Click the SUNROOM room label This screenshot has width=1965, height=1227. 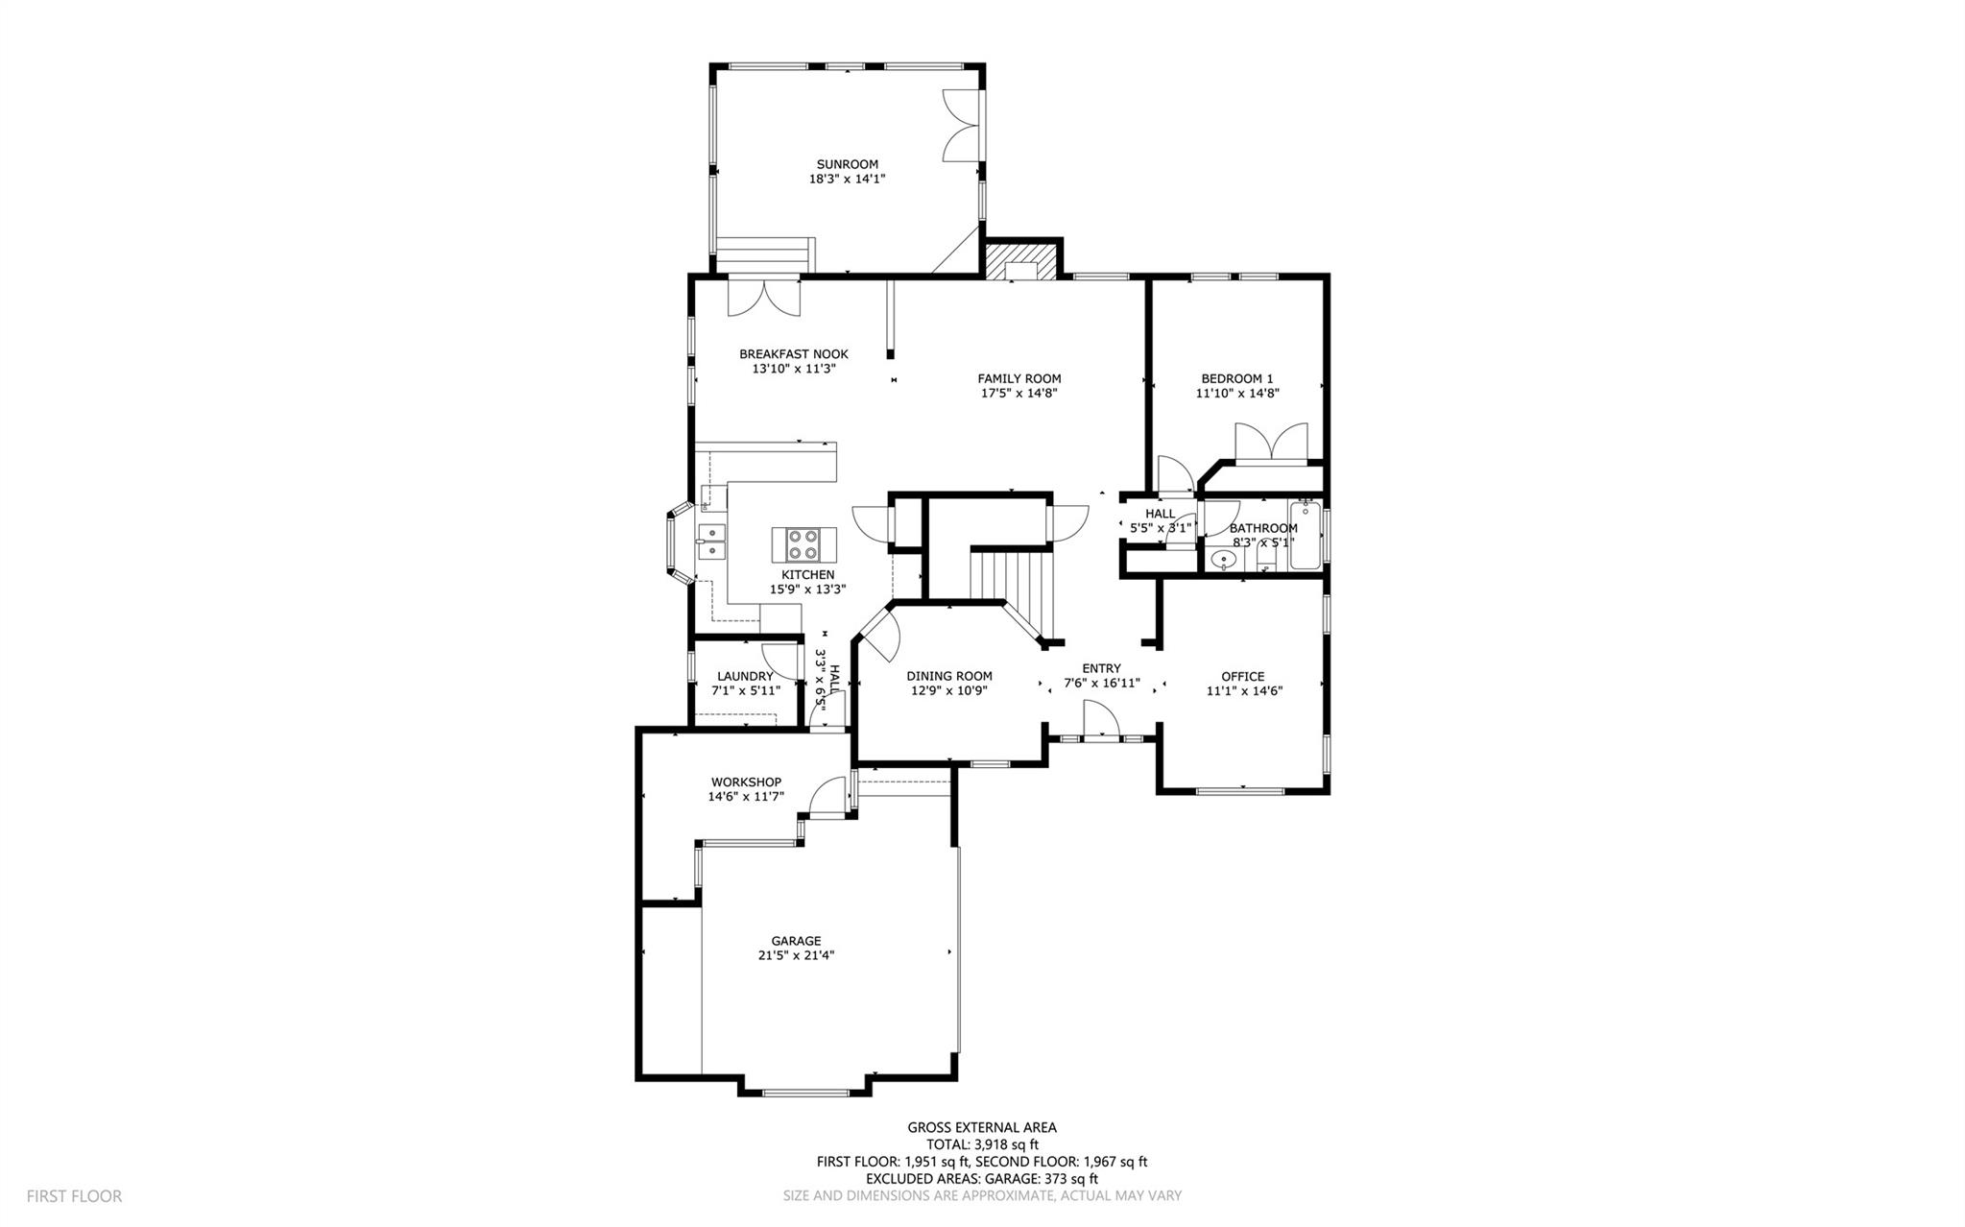(x=847, y=164)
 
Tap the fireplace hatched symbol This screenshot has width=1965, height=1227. (x=1021, y=259)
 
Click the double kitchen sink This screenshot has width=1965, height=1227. (x=712, y=541)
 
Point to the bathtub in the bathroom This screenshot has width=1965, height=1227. (x=1305, y=535)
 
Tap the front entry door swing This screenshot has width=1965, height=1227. (x=1101, y=719)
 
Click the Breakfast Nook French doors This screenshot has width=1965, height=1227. (x=763, y=297)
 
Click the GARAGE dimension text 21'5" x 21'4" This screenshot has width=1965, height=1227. (x=796, y=955)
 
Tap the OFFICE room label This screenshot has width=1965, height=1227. (x=1243, y=676)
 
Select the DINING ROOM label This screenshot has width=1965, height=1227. (x=948, y=676)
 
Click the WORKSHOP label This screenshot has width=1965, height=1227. (x=746, y=782)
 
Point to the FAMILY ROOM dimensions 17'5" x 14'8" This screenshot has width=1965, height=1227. (x=1018, y=393)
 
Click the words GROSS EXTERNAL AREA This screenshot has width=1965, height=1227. (x=981, y=1127)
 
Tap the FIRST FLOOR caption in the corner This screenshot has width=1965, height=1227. (x=74, y=1196)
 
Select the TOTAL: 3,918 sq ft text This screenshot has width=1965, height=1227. (x=981, y=1144)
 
